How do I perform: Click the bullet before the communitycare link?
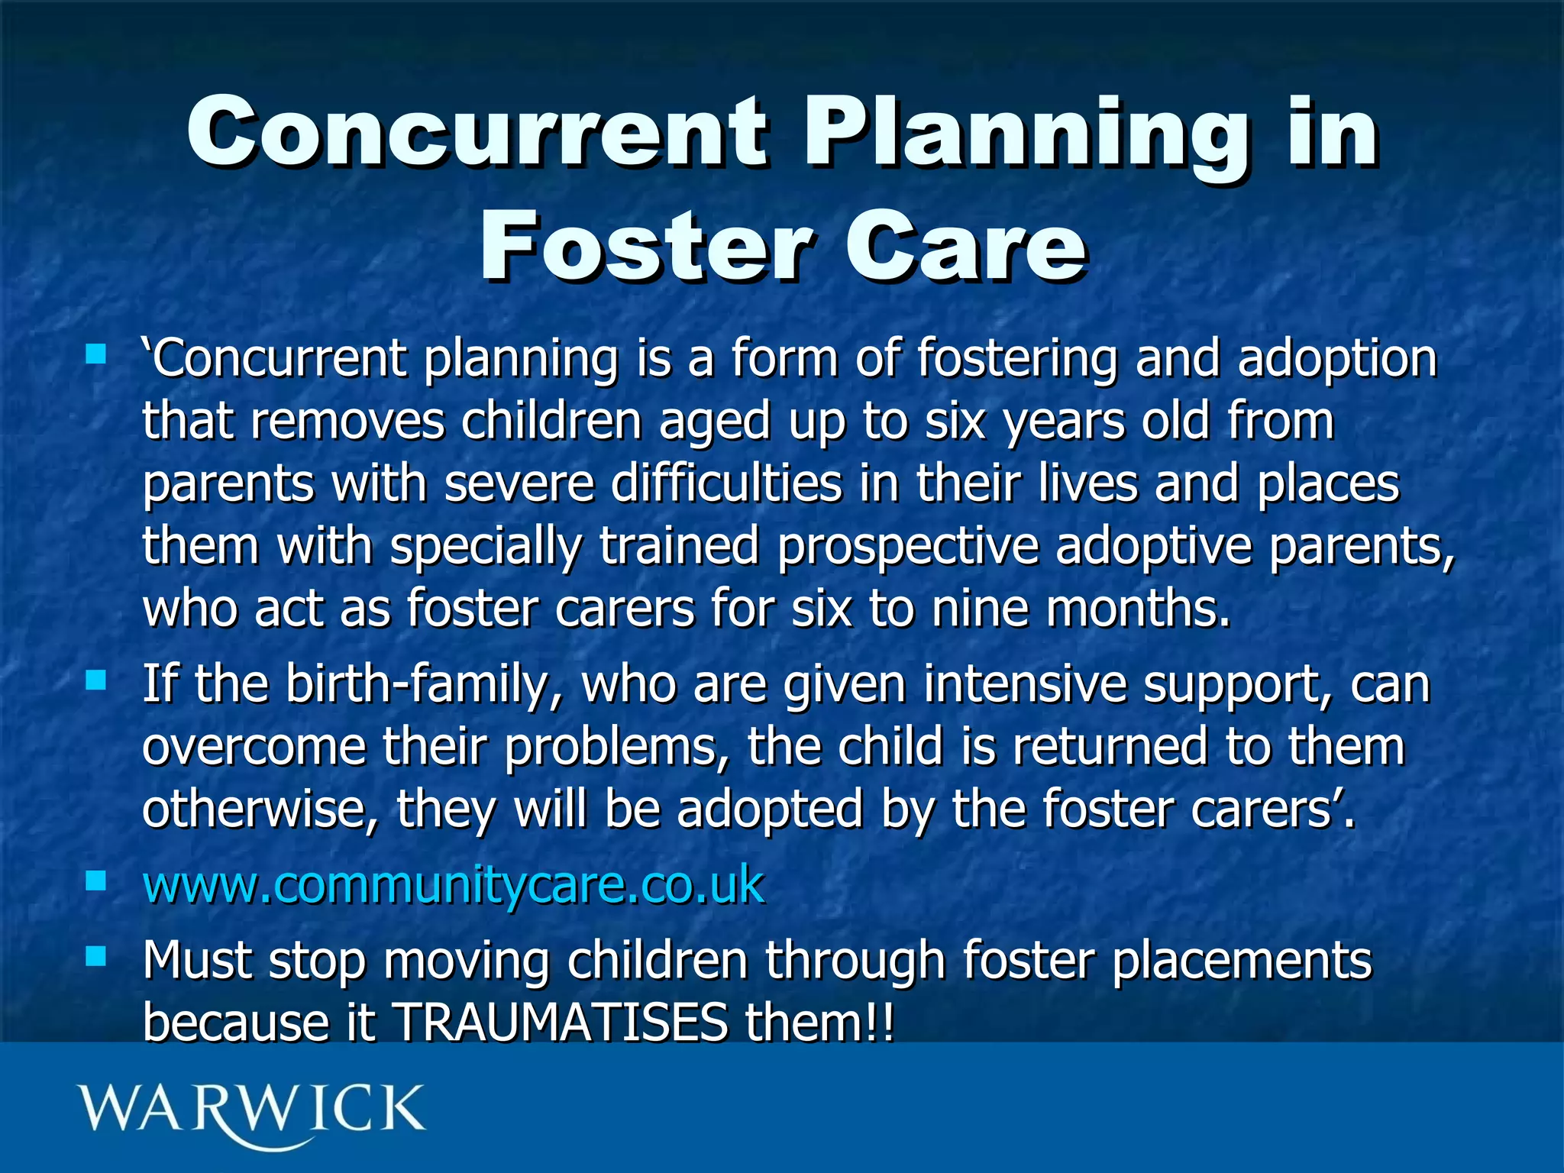[x=95, y=882]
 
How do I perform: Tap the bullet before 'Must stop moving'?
[x=95, y=956]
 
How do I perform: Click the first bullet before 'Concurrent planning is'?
[x=95, y=354]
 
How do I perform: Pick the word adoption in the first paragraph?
[x=1336, y=359]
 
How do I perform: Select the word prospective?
[x=908, y=547]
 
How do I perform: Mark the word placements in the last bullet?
[x=1242, y=961]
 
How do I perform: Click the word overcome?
[x=254, y=748]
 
